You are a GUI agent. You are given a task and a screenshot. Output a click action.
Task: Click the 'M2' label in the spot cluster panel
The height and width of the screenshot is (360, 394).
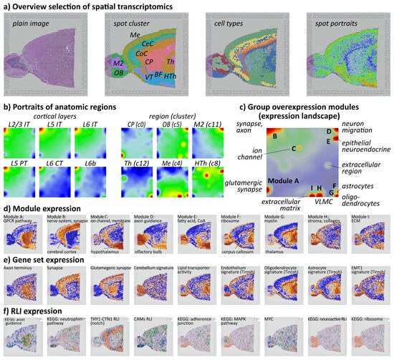(118, 64)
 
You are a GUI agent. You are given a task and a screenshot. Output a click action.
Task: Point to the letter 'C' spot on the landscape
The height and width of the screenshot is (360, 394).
(294, 148)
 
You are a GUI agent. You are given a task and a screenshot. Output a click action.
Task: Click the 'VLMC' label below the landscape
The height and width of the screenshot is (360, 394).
(323, 203)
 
